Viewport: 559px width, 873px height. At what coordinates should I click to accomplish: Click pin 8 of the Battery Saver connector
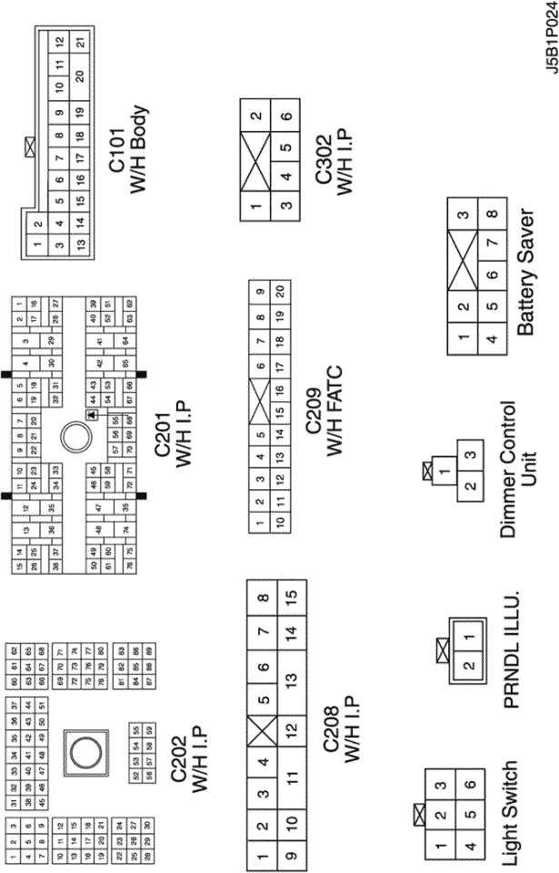click(x=492, y=216)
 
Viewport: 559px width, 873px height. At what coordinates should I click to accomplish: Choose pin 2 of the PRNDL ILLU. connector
click(x=468, y=666)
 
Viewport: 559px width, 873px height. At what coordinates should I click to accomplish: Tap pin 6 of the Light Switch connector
click(x=469, y=783)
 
